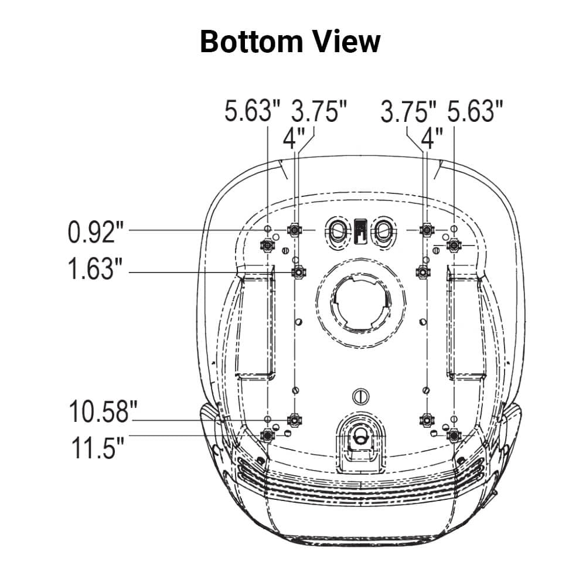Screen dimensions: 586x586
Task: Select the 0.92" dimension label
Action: click(96, 232)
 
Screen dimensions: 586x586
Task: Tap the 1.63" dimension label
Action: click(96, 269)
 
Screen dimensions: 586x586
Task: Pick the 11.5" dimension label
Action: click(97, 448)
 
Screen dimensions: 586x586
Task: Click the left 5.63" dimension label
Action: click(252, 111)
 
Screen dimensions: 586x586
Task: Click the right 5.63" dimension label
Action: click(475, 111)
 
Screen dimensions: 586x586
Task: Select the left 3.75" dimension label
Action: click(319, 111)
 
